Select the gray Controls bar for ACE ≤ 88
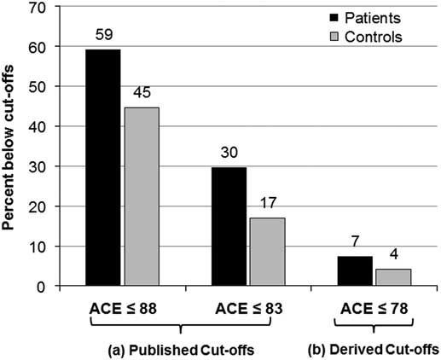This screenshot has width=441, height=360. point(142,196)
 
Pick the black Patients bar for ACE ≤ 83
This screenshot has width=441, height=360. point(229,226)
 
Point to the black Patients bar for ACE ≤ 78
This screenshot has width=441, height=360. point(354,271)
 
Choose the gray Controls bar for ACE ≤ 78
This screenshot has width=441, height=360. point(392,277)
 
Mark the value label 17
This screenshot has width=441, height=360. point(267,206)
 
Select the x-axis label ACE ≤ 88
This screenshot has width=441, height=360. point(122,305)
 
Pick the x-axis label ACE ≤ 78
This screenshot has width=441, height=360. point(373,305)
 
